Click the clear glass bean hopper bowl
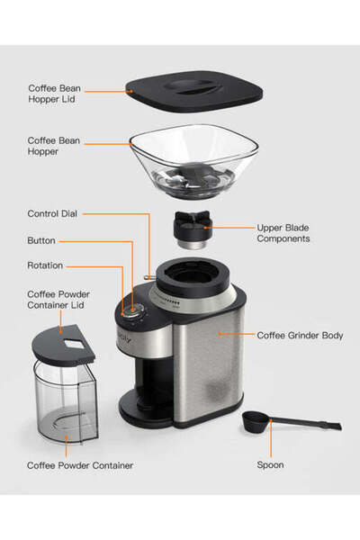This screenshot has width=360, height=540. click(x=188, y=157)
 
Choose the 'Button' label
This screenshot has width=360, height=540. click(x=41, y=241)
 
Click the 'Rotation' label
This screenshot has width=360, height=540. click(x=45, y=266)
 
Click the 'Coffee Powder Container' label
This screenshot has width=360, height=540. click(x=80, y=465)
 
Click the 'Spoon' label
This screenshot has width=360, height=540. click(x=270, y=465)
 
